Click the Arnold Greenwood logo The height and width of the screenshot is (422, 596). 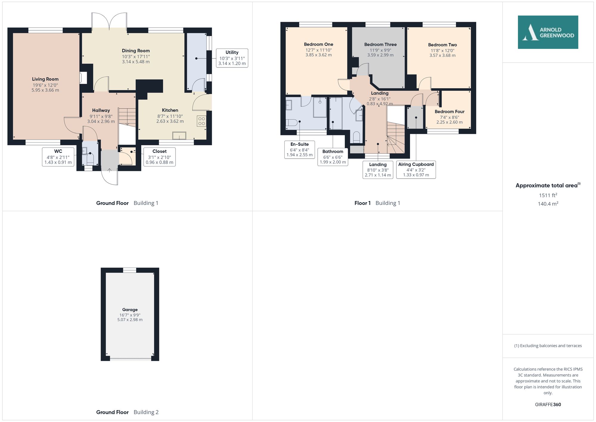548,32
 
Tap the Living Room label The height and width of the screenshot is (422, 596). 45,79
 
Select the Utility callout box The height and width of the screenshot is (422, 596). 232,58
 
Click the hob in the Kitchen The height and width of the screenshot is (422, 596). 201,121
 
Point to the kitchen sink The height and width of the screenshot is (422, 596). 179,136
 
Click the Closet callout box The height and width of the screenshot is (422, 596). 159,157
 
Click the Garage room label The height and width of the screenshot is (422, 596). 130,310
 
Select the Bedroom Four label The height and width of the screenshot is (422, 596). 449,112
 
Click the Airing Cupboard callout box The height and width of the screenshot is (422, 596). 416,170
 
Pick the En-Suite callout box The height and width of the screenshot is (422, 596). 299,150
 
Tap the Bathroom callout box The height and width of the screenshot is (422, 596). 333,157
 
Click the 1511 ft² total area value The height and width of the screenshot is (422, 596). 548,195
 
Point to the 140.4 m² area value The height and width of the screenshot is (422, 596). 548,204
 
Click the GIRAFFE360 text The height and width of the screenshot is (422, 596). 548,405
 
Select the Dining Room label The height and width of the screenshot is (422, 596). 136,51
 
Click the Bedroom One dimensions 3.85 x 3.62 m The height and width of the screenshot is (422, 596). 319,55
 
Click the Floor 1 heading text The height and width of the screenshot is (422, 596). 362,203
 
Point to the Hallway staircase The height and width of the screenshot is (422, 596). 127,117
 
